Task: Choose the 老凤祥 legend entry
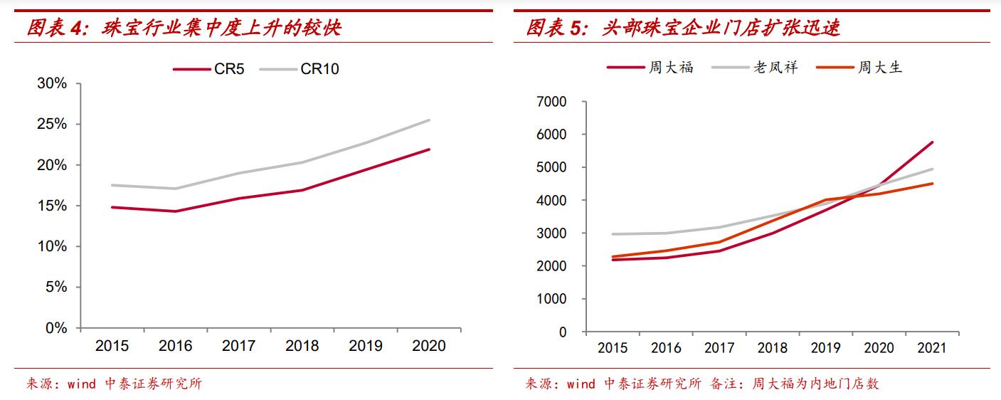(x=775, y=68)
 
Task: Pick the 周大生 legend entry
(x=880, y=68)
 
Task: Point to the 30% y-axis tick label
(x=52, y=83)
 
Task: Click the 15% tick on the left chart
(x=52, y=206)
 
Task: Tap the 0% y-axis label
(x=55, y=328)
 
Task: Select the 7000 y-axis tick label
(x=552, y=102)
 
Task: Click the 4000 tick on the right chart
(x=552, y=201)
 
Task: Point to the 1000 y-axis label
(x=552, y=299)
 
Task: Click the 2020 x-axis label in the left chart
(x=429, y=346)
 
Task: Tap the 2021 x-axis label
(x=931, y=348)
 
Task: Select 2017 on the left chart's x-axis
(x=238, y=346)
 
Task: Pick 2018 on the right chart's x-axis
(x=772, y=348)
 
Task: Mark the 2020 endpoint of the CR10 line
(x=429, y=120)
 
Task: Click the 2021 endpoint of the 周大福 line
(x=932, y=142)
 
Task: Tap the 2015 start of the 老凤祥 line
(x=613, y=234)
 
